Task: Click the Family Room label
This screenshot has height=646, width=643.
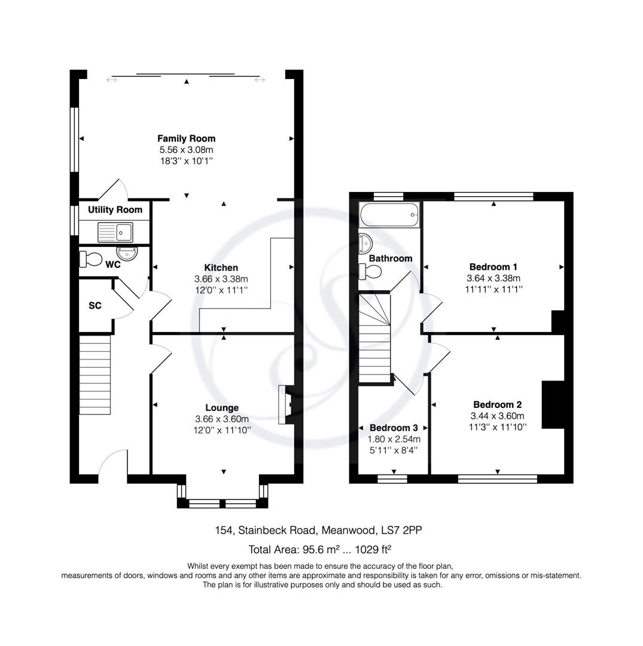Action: coord(186,138)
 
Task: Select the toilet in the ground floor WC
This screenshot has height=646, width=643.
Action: coord(92,259)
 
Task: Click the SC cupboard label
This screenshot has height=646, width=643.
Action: coord(95,306)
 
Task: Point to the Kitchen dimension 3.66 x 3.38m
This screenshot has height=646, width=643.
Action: coord(221,279)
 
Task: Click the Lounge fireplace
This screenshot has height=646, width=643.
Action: coord(285,405)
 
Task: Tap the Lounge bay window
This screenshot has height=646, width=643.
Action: coord(222,502)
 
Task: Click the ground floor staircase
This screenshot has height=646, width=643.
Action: coord(95,374)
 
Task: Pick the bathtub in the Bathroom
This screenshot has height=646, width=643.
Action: coord(389,214)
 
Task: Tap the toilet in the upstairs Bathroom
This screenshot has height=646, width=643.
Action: coord(370,271)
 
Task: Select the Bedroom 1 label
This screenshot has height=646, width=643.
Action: coord(493,267)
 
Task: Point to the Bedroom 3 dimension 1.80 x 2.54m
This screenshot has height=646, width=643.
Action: coord(394,439)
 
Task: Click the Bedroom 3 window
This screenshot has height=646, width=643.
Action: coord(392,478)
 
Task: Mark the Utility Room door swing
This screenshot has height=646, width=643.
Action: coord(115,190)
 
